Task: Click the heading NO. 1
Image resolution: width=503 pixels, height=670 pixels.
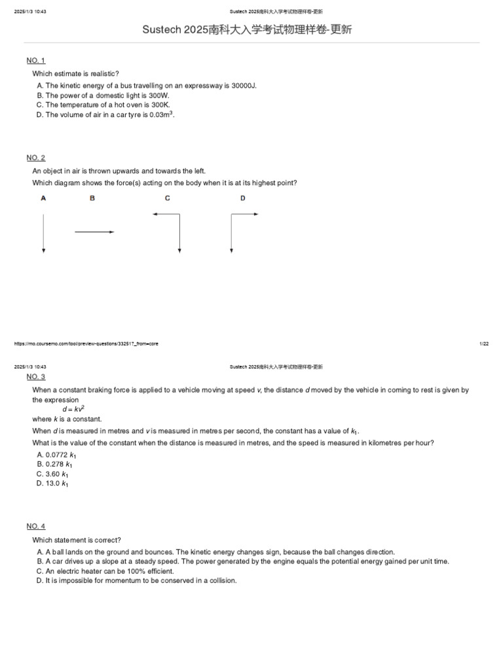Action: (35, 61)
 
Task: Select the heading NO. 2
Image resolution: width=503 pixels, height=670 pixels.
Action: (35, 158)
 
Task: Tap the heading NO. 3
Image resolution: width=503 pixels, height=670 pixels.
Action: (35, 377)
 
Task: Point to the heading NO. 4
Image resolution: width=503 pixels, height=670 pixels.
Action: (35, 526)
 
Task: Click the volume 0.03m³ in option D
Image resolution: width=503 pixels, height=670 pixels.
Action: (161, 115)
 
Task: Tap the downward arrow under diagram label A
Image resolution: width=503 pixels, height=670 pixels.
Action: (43, 232)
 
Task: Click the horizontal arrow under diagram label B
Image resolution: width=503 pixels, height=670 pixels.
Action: (94, 232)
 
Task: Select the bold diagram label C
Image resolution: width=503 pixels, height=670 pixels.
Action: (168, 198)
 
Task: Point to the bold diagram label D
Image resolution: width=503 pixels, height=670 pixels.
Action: (243, 198)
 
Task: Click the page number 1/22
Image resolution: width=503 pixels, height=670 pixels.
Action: (484, 344)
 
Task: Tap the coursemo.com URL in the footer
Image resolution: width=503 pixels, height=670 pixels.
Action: (86, 344)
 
